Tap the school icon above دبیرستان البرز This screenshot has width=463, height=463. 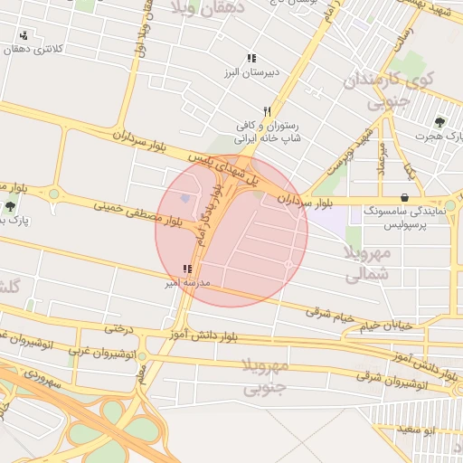[x=250, y=58]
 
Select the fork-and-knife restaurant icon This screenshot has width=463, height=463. [x=267, y=111]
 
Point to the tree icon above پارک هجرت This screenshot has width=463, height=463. [x=440, y=122]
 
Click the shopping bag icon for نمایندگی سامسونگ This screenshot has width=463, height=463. [x=403, y=197]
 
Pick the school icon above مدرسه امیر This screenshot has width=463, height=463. [x=187, y=269]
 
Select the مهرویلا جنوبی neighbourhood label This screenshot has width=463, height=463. [x=266, y=377]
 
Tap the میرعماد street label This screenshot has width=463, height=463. [x=382, y=158]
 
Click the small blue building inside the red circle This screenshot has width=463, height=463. [x=185, y=198]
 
